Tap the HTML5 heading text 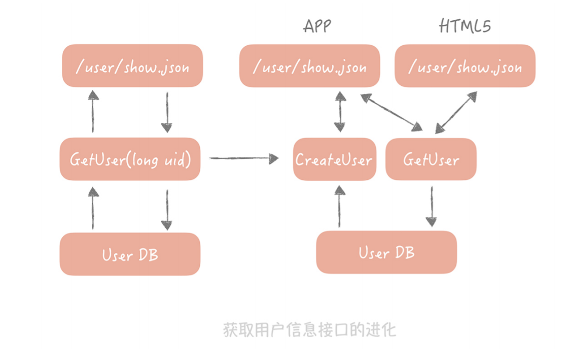465,26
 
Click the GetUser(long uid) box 130,159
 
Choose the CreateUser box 334,159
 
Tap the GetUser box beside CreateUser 431,159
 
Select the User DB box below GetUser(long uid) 130,254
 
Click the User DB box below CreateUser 386,252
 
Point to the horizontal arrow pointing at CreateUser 244,158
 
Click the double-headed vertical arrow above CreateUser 339,112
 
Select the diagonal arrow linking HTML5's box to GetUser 456,113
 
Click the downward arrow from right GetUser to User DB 431,206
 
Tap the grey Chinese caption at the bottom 309,330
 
